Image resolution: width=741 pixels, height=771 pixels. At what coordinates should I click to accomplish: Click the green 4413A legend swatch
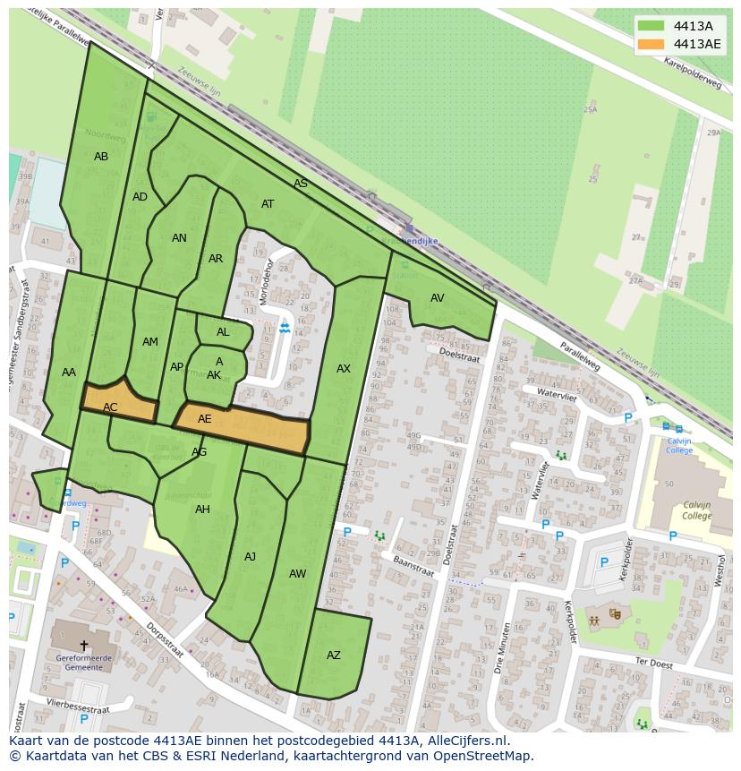pyautogui.click(x=651, y=26)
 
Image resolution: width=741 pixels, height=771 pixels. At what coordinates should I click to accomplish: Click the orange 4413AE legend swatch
pyautogui.click(x=651, y=44)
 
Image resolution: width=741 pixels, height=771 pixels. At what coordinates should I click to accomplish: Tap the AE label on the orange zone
pyautogui.click(x=205, y=419)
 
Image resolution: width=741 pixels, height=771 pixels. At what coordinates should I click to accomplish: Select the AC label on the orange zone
pyautogui.click(x=110, y=407)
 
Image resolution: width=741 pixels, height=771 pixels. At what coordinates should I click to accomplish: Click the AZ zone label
pyautogui.click(x=334, y=655)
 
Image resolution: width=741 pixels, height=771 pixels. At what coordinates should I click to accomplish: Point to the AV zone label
pyautogui.click(x=438, y=298)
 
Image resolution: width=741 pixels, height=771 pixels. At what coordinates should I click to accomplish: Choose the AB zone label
pyautogui.click(x=101, y=157)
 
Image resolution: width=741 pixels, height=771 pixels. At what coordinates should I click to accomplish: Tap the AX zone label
pyautogui.click(x=344, y=369)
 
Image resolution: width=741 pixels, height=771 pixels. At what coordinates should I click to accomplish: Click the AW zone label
pyautogui.click(x=298, y=574)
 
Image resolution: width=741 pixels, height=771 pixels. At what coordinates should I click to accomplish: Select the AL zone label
pyautogui.click(x=223, y=332)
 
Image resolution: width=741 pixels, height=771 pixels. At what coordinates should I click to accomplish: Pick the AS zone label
pyautogui.click(x=301, y=184)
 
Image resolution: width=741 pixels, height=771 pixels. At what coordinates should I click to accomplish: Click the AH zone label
pyautogui.click(x=202, y=510)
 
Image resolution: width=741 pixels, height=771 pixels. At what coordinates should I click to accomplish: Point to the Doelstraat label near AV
pyautogui.click(x=459, y=355)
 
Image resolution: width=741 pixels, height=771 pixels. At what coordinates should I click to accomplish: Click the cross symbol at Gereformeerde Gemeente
pyautogui.click(x=84, y=645)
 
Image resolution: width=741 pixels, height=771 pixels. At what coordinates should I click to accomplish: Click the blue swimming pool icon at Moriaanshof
pyautogui.click(x=285, y=329)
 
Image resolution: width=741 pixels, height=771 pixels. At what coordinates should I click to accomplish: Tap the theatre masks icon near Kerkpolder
pyautogui.click(x=615, y=613)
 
